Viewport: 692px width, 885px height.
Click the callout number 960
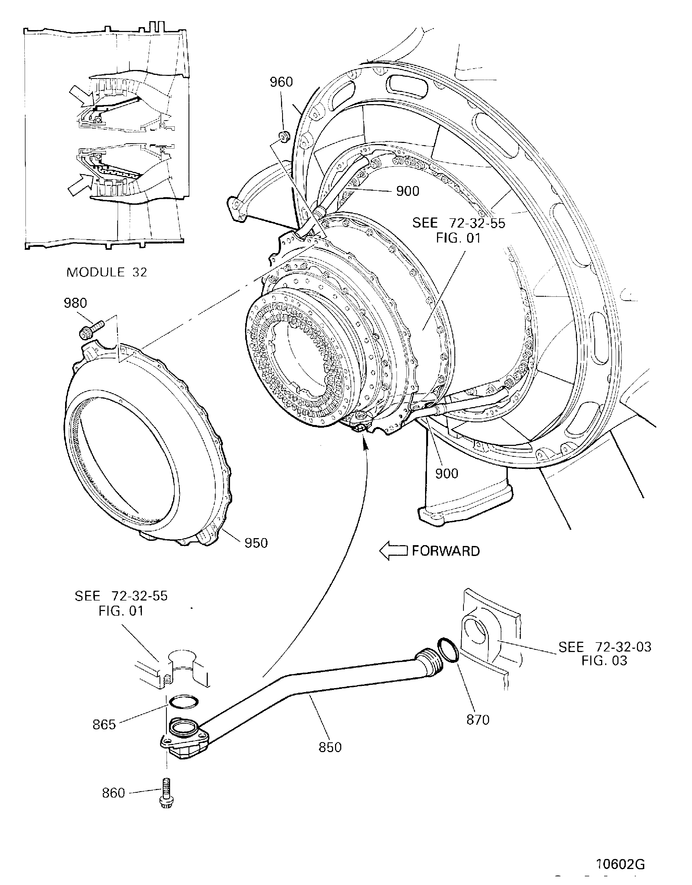281,82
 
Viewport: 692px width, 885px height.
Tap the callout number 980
75,303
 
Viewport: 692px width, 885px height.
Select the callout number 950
256,543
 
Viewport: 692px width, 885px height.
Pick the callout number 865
104,724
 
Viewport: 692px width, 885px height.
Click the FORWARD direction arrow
393,551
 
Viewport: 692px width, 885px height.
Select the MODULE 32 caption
107,272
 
